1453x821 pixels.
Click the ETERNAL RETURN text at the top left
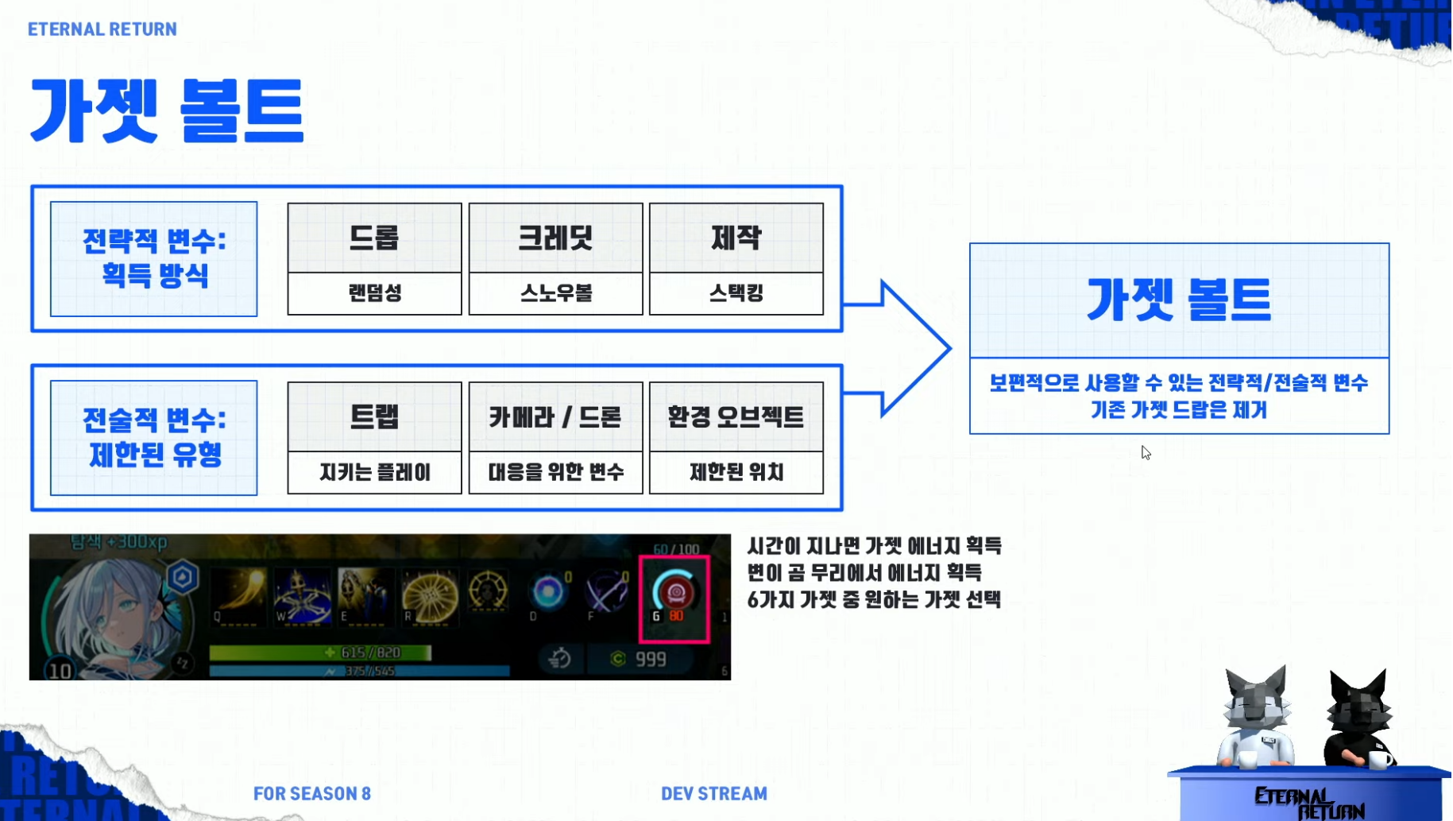point(102,29)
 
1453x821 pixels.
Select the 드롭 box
point(374,238)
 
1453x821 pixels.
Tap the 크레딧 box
point(555,238)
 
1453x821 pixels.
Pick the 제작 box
point(736,238)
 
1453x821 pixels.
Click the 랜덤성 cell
point(374,293)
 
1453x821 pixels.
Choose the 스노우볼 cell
point(555,293)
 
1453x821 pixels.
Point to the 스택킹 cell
point(736,293)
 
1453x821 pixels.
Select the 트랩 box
point(374,417)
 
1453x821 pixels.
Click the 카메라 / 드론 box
point(555,417)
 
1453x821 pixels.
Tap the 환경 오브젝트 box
point(736,417)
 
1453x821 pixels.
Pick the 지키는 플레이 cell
point(374,473)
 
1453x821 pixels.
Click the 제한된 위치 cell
point(736,473)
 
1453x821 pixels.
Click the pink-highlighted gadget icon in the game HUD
point(674,598)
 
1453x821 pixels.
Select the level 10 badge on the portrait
point(60,671)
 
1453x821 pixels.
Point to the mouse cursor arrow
point(1145,451)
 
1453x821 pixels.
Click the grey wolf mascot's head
point(1258,699)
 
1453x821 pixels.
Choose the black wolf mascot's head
point(1360,703)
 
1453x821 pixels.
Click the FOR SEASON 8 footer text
point(312,793)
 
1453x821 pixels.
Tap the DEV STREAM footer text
point(714,793)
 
